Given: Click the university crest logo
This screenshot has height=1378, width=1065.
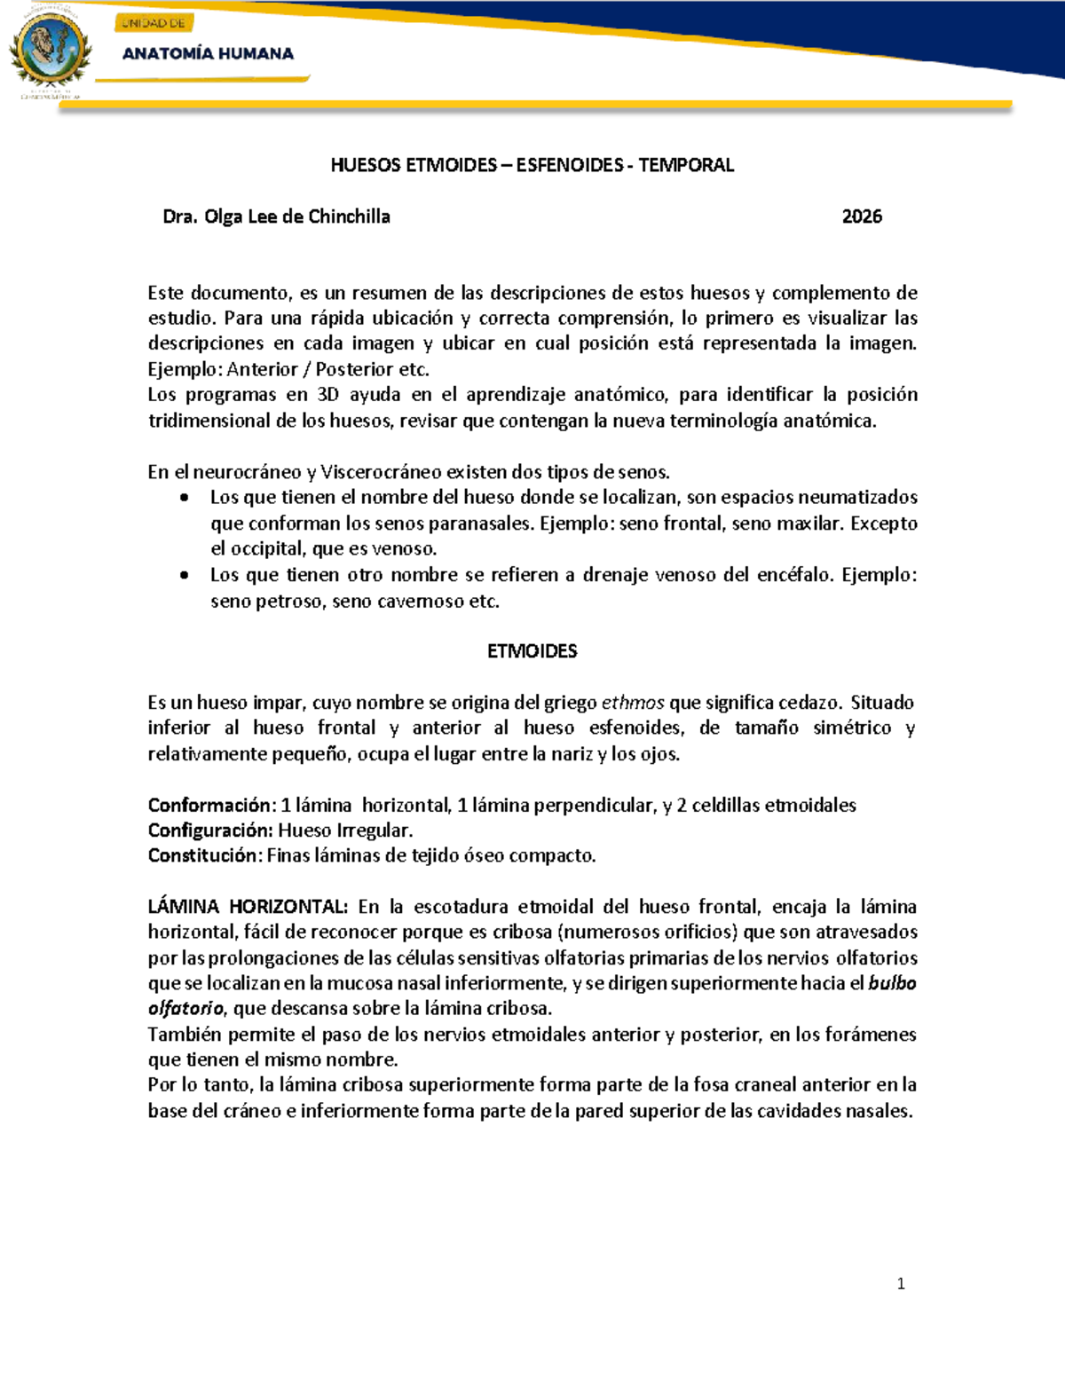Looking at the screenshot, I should (50, 52).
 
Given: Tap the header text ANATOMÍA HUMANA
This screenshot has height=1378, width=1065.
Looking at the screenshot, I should (208, 53).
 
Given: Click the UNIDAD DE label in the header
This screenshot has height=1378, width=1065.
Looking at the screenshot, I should (154, 23).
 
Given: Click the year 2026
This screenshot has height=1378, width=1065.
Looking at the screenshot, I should (862, 217).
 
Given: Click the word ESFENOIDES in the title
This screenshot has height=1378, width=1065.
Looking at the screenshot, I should (570, 165).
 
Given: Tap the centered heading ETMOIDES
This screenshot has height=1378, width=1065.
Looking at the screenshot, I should (532, 651).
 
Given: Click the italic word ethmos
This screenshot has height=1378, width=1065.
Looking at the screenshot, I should (633, 703).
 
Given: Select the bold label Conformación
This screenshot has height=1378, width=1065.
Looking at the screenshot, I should (209, 805).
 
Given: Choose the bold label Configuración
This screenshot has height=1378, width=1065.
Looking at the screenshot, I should (209, 831).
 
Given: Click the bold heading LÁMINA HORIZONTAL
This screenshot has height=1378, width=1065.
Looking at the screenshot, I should (248, 907).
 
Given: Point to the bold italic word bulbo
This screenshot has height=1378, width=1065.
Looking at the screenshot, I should (893, 983).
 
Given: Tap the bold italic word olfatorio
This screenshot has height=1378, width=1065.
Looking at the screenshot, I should (186, 1009).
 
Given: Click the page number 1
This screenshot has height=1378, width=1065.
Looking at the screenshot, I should (901, 1284).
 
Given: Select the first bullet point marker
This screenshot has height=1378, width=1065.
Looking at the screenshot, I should (184, 498).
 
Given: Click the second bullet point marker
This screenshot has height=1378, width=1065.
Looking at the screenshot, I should (184, 575).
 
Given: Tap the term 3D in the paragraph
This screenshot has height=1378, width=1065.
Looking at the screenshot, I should (327, 395).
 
